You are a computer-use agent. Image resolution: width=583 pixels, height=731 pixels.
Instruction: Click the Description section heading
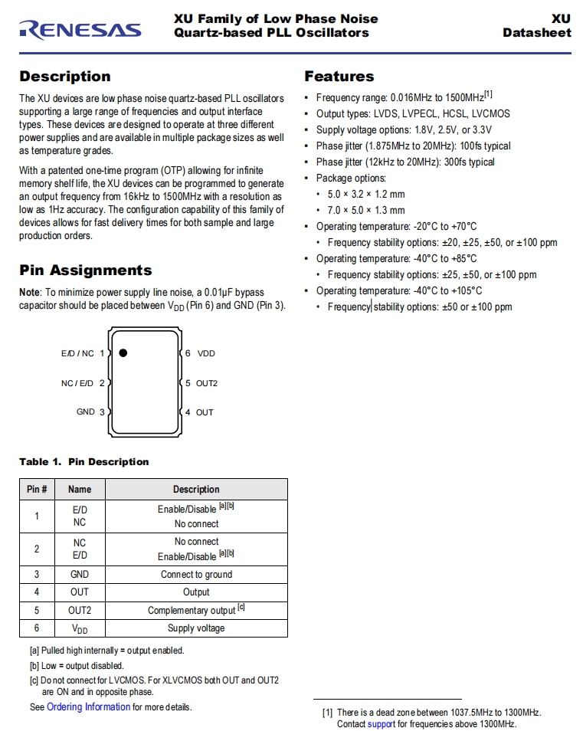pos(65,77)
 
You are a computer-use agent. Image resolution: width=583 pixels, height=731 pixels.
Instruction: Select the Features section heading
pos(339,77)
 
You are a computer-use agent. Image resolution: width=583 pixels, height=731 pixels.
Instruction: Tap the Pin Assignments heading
pos(86,270)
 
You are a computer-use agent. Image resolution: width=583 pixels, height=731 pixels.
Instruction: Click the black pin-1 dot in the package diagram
pos(123,353)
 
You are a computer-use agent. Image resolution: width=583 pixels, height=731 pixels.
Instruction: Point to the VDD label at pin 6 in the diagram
pos(206,354)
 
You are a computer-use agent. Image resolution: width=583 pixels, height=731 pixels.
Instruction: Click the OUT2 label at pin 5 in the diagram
pos(207,383)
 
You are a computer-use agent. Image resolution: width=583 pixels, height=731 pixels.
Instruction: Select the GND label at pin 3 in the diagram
pos(86,412)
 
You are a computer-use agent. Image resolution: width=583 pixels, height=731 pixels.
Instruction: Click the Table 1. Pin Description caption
pos(84,462)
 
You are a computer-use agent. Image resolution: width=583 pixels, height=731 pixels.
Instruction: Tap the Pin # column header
pos(37,490)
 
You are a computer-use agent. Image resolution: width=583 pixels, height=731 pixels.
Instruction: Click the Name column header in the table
pos(80,490)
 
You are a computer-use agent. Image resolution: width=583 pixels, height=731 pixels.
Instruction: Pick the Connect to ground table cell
pos(196,575)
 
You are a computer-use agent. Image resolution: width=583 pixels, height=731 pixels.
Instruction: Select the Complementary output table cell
pos(196,611)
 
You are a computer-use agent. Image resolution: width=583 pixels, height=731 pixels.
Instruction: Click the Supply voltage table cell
pos(196,628)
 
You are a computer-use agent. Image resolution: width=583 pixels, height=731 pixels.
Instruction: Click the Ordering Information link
pos(88,707)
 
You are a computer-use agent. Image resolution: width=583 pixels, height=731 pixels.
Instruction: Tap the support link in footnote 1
pos(381,724)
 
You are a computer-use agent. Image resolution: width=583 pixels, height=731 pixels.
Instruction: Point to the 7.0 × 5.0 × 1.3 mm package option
pos(366,211)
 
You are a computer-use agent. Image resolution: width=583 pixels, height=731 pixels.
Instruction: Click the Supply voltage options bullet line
pos(404,130)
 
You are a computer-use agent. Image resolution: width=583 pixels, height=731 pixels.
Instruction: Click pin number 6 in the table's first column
pos(37,628)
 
